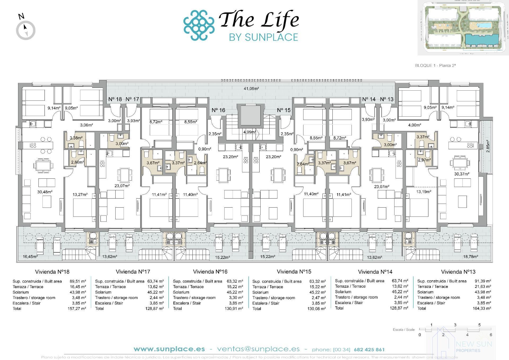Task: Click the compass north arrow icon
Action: [26, 30]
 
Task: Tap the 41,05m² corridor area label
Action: [251, 89]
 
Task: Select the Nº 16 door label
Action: [218, 110]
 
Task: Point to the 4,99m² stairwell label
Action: [249, 132]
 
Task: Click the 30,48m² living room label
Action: [45, 192]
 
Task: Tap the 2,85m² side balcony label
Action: [488, 146]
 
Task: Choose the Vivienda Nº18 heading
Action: [52, 272]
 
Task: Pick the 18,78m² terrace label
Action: [471, 257]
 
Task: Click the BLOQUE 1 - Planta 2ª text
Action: [435, 65]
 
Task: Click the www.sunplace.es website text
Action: [169, 349]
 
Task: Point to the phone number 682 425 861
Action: [369, 349]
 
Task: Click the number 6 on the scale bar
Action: [491, 335]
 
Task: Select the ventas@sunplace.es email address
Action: [258, 349]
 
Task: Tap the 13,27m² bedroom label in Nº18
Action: [80, 194]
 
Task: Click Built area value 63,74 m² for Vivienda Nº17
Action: [156, 281]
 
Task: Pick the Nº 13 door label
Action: [387, 99]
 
